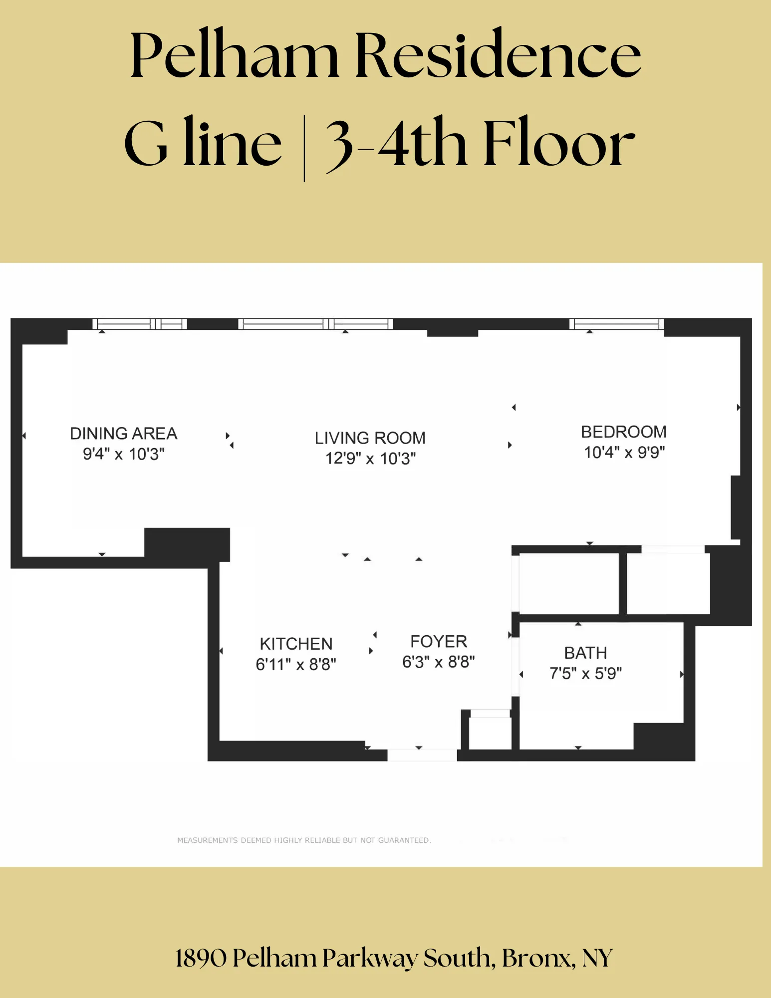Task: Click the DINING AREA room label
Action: click(x=123, y=433)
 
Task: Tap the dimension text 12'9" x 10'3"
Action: click(x=370, y=458)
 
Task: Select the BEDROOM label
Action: click(x=623, y=432)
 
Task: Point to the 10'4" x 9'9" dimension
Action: click(x=624, y=452)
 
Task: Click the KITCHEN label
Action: click(x=296, y=644)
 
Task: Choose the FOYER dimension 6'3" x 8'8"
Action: click(x=438, y=662)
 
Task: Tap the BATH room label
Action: click(x=585, y=653)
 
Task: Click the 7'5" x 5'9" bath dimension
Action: click(x=585, y=673)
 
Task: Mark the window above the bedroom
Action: click(x=616, y=324)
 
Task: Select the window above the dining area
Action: click(x=140, y=324)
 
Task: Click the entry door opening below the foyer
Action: click(x=422, y=754)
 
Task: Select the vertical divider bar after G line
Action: click(x=304, y=148)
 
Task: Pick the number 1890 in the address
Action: click(x=201, y=958)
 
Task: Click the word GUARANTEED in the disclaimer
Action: click(x=404, y=840)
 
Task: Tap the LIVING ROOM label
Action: click(x=370, y=438)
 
